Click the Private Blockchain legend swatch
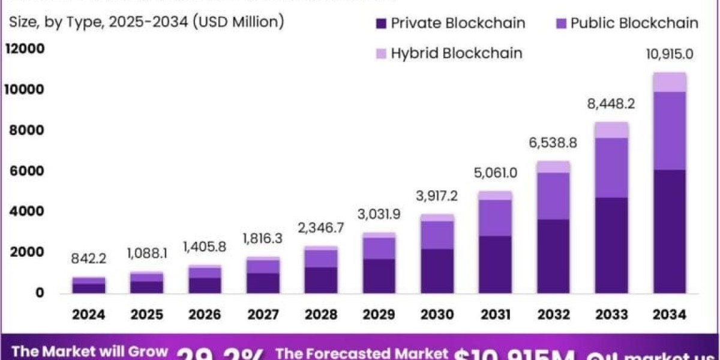pos(380,24)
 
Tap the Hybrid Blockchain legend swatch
pos(380,53)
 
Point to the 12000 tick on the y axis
pos(25,49)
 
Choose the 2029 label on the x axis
pos(379,314)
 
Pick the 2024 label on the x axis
pos(89,314)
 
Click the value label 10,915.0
pos(670,53)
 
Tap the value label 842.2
pos(89,259)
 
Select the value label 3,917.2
pos(437,196)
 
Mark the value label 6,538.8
pos(553,143)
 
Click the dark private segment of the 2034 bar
pos(670,231)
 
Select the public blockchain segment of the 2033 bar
pos(611,167)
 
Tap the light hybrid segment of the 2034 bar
pos(670,82)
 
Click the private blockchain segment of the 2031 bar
pos(495,264)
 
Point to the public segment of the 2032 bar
pos(553,196)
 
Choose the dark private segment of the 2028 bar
pos(321,280)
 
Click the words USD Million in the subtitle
pos(247,23)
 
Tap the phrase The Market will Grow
pos(90,352)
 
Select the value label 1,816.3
pos(263,238)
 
